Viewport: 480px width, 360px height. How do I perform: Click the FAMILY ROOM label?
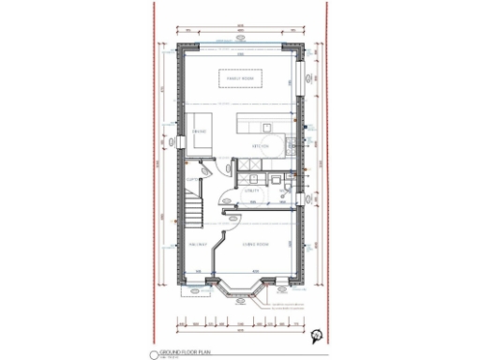click(240, 80)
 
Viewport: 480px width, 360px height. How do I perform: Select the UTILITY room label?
click(251, 190)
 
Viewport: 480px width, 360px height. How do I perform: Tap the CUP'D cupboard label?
click(191, 178)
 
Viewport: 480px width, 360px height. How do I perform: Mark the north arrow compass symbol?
click(319, 335)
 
